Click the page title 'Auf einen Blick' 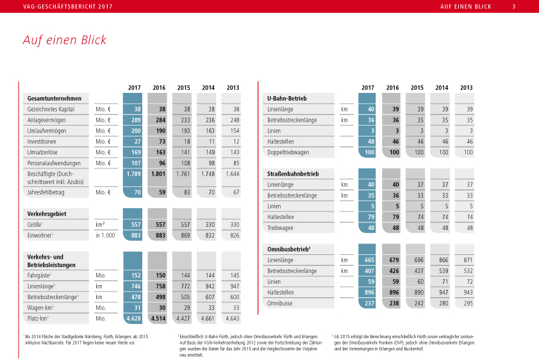tap(65, 40)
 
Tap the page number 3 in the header tap(514, 7)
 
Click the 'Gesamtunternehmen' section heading tap(54, 99)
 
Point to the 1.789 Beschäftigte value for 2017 tap(133, 174)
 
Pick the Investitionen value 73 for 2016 tap(162, 141)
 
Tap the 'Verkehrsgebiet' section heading tap(47, 213)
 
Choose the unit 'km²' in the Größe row tap(100, 225)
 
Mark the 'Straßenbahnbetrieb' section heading tap(293, 174)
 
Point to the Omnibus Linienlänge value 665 tap(367, 260)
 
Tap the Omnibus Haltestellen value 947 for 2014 tap(442, 293)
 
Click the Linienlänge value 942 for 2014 tap(208, 286)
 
